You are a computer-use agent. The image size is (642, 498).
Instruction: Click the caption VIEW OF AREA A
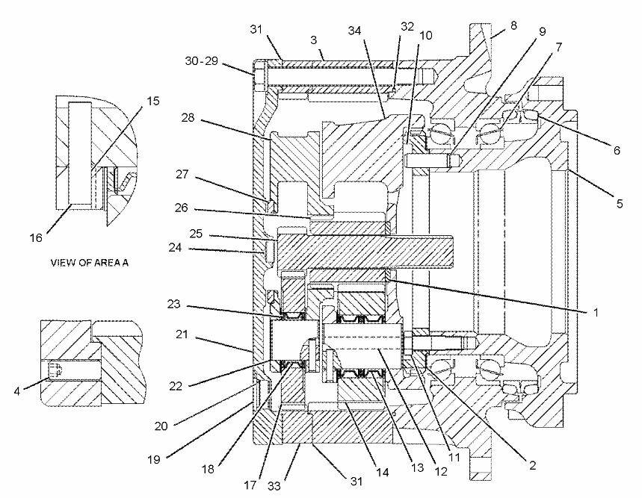[89, 263]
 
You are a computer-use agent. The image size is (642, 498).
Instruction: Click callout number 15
[152, 101]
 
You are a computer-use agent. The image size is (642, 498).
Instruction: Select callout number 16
[36, 237]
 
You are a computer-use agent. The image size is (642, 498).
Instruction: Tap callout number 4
[16, 391]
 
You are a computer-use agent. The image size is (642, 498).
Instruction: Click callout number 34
[354, 31]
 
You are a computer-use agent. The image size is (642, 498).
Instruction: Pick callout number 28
[188, 118]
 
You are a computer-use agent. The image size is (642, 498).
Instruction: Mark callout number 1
[596, 312]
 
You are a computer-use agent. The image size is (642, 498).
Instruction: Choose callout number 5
[620, 203]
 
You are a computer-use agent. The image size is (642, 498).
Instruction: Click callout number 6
[617, 151]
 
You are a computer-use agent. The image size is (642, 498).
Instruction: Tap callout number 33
[274, 486]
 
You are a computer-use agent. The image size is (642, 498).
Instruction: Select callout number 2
[532, 465]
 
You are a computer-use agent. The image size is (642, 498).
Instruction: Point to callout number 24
[175, 247]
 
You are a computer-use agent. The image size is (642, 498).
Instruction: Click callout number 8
[513, 25]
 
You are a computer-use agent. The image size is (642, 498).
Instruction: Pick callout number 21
[182, 334]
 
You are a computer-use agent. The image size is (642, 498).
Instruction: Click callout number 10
[426, 36]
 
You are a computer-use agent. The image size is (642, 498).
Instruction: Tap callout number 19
[154, 460]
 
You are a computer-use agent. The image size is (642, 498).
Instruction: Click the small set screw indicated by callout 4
[55, 371]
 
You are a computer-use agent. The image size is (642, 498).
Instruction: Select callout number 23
[174, 305]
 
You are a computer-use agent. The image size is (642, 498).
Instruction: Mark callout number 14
[382, 472]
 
